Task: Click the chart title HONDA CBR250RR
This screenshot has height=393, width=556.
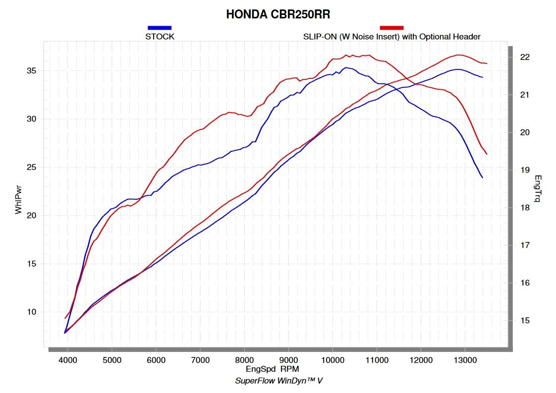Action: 278,14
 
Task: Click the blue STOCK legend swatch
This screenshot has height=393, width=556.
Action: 160,28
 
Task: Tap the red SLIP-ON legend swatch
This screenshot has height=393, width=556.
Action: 391,28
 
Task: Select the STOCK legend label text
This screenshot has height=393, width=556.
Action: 160,37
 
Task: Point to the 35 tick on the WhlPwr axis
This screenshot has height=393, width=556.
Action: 31,71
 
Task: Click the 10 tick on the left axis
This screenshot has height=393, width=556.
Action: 31,312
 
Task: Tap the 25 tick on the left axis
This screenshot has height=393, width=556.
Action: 31,167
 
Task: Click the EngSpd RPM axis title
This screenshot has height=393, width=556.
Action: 272,369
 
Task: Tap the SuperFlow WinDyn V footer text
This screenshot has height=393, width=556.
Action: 278,381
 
